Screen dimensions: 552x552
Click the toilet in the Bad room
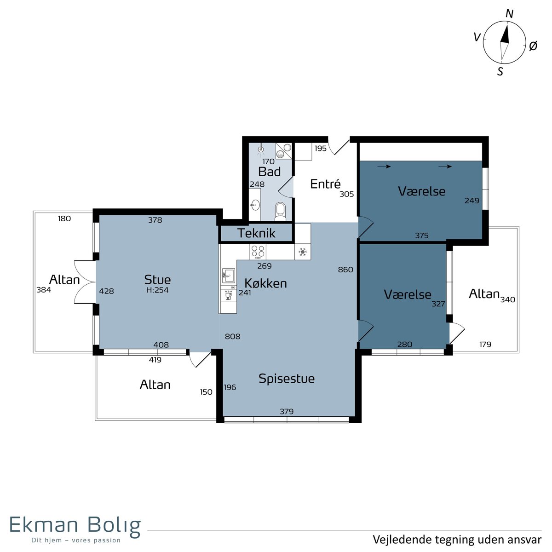pos(281,212)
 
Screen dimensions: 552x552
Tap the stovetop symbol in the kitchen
pos(258,252)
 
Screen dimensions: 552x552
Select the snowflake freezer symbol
pos(303,252)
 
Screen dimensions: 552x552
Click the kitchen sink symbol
pos(228,276)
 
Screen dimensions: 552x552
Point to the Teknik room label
pos(256,233)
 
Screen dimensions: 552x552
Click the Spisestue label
pos(287,379)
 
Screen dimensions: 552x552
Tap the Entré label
pos(325,184)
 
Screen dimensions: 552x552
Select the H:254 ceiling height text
pos(157,290)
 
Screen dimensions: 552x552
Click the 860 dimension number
pos(345,270)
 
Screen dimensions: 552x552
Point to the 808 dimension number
pos(233,336)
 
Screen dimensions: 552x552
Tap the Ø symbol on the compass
pos(533,46)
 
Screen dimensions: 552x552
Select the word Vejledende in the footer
pos(402,540)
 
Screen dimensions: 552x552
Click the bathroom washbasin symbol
pos(255,205)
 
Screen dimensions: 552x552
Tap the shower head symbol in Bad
pos(261,149)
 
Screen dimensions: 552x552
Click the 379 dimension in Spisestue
pos(287,411)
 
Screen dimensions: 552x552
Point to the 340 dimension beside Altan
pos(508,299)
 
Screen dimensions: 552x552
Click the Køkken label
pos(265,283)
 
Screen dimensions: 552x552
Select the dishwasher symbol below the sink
pos(228,295)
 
